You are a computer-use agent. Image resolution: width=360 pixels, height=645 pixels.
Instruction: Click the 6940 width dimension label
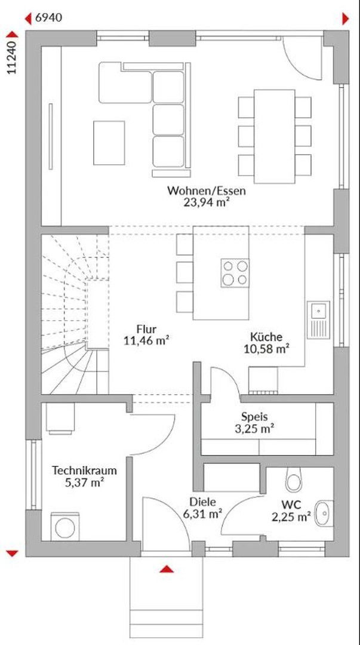[49, 18]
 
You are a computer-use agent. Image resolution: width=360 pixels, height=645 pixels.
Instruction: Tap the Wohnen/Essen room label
[206, 191]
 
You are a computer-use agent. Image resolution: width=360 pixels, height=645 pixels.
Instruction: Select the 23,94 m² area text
[206, 202]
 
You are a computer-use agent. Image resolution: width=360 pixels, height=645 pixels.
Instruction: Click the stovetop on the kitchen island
[235, 273]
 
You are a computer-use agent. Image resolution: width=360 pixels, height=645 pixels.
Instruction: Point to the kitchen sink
[318, 320]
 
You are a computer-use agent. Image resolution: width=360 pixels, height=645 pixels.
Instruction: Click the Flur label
[146, 329]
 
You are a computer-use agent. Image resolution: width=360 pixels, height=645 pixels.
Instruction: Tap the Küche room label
[266, 337]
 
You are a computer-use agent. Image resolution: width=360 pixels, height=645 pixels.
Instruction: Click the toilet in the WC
[294, 480]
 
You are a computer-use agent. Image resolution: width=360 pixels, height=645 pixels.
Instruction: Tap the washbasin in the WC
[324, 513]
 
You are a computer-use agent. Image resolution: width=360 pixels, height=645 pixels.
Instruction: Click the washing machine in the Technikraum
[65, 527]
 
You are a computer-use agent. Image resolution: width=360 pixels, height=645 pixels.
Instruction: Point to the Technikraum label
[84, 471]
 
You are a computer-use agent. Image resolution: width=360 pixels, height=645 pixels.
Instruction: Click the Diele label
[203, 502]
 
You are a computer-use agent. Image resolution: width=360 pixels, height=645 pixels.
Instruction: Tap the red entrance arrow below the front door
[166, 569]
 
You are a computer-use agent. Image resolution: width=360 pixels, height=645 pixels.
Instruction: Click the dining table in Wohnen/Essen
[275, 136]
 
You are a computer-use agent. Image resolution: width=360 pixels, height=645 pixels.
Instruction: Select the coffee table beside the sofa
[109, 143]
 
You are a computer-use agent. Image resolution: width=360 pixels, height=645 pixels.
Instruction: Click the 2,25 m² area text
[291, 517]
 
